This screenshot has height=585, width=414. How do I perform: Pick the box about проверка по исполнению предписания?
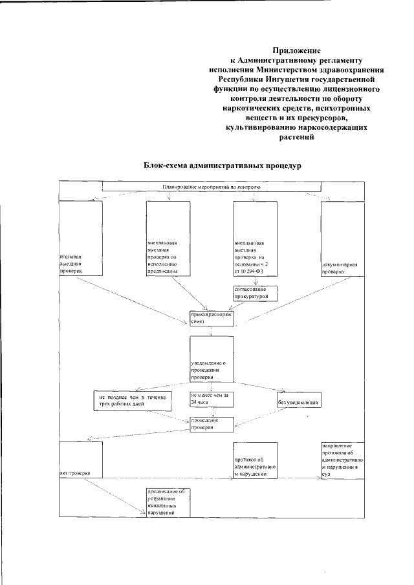click(x=168, y=239)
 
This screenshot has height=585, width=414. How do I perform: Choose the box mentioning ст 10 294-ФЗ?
click(x=255, y=239)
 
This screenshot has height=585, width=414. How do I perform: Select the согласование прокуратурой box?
click(x=255, y=293)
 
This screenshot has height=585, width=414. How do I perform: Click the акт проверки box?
click(x=80, y=460)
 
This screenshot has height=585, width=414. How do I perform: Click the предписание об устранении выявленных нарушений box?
click(x=168, y=501)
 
